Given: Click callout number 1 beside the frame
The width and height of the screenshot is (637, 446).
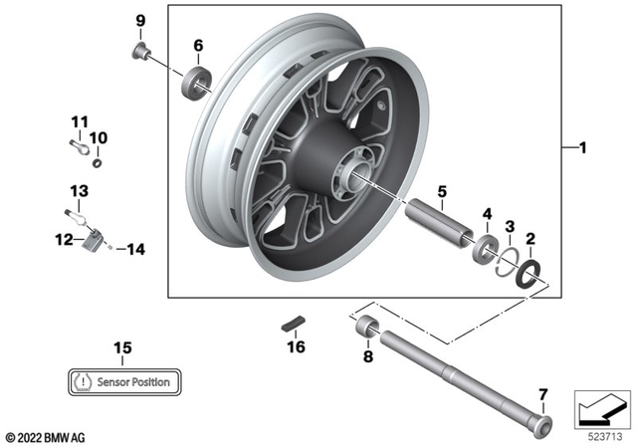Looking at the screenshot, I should (x=584, y=149).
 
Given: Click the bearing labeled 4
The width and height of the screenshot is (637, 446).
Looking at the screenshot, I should (x=486, y=248).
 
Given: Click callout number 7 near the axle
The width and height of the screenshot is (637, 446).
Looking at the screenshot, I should (x=542, y=391).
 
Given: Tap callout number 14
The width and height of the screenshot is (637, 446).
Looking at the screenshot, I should (x=135, y=250).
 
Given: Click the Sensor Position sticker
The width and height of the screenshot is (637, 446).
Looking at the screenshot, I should (x=123, y=381).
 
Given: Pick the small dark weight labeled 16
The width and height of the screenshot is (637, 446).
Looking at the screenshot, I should (x=293, y=324).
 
